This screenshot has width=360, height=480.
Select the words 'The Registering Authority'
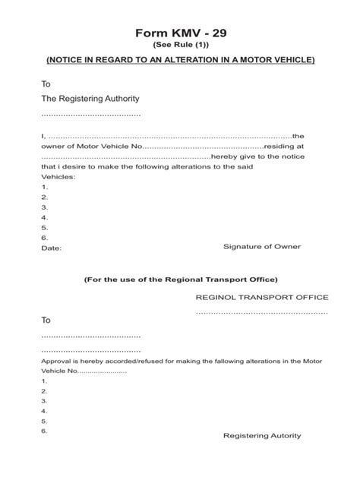pyautogui.click(x=90, y=99)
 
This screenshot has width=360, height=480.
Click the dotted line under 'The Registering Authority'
pyautogui.click(x=90, y=114)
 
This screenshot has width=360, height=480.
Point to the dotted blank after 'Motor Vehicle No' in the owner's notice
pyautogui.click(x=202, y=146)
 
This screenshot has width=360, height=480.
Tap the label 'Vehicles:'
pyautogui.click(x=58, y=176)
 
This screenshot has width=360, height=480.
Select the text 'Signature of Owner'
pyautogui.click(x=262, y=247)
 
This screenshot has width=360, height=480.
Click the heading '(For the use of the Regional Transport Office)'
pyautogui.click(x=181, y=279)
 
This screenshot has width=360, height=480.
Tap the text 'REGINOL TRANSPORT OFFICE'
pyautogui.click(x=262, y=297)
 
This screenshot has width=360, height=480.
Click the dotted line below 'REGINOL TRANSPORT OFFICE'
pyautogui.click(x=262, y=312)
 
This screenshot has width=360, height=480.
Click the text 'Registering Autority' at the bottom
pyautogui.click(x=262, y=436)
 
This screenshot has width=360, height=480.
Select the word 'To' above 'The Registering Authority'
pyautogui.click(x=46, y=84)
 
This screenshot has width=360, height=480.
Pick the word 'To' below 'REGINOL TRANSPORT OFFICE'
pyautogui.click(x=46, y=321)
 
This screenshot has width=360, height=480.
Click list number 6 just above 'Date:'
pyautogui.click(x=45, y=237)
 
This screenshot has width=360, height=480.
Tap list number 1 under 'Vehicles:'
pyautogui.click(x=45, y=186)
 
